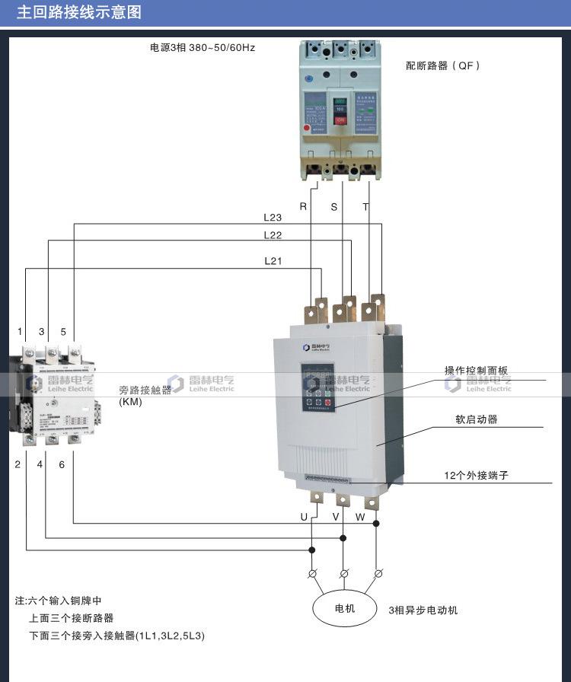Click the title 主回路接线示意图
point(79,13)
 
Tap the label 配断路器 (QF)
point(443,66)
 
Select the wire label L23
point(273,218)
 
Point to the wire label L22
point(273,235)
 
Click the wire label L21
point(273,261)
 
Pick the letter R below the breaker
point(303,206)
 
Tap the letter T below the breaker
point(365,206)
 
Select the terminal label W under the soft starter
point(360,517)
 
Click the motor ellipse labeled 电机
point(345,609)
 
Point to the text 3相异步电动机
point(423,610)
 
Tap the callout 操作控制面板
point(476,371)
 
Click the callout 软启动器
point(477,419)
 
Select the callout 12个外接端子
point(476,475)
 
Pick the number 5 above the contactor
point(63,332)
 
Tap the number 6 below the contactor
point(62,464)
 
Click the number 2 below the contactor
point(18,464)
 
